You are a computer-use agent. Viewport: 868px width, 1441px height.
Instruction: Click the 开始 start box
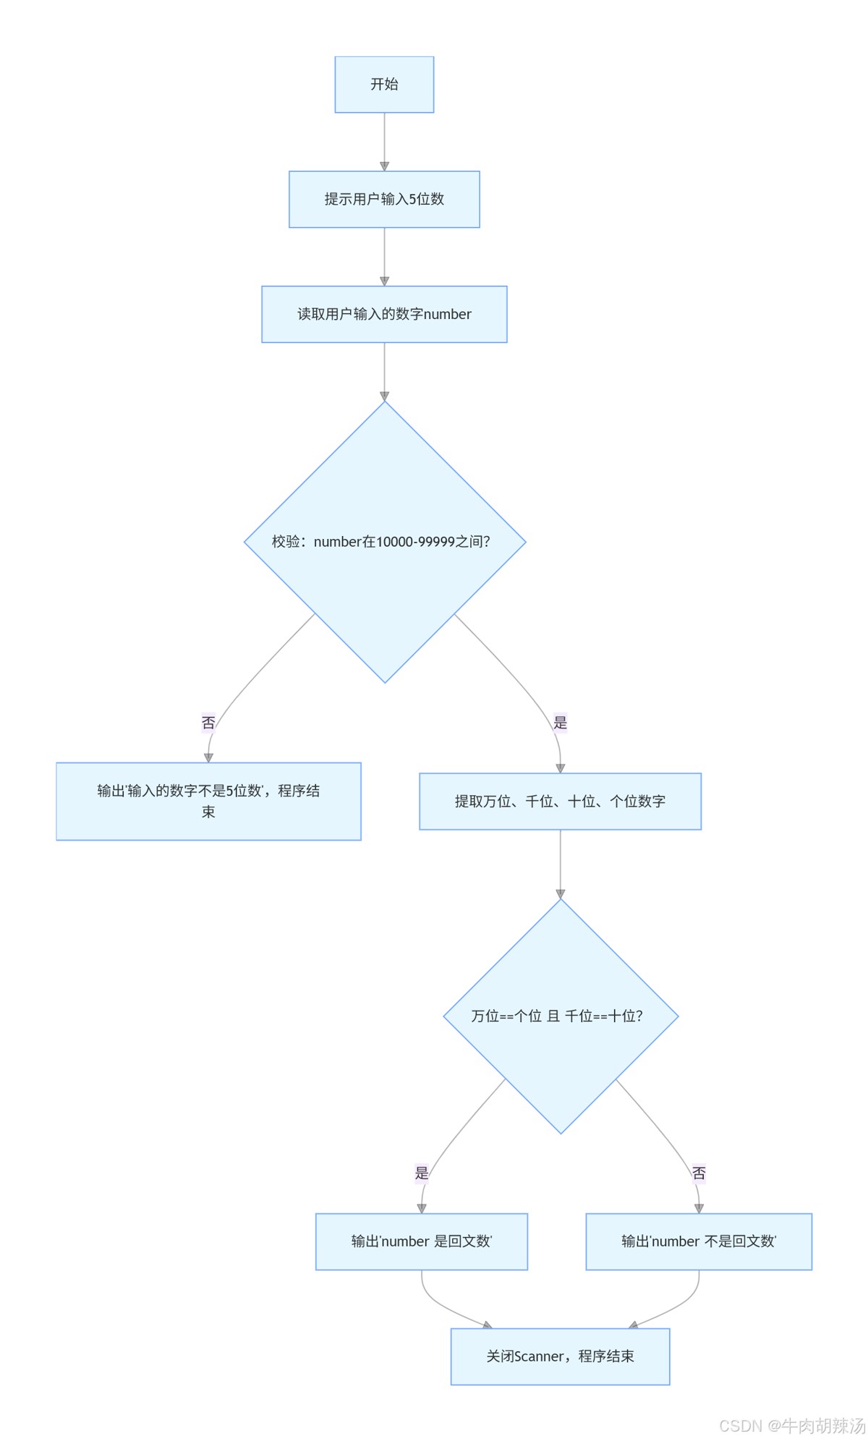click(x=384, y=85)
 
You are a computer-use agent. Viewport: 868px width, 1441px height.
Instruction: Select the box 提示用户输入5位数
click(x=384, y=199)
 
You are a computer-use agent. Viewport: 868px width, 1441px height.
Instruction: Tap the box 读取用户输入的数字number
click(x=384, y=314)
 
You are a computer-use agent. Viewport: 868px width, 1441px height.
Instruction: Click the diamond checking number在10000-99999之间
click(x=384, y=542)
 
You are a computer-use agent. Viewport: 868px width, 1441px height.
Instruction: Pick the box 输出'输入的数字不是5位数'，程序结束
click(x=208, y=801)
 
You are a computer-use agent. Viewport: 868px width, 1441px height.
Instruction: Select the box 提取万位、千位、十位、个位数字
click(x=560, y=801)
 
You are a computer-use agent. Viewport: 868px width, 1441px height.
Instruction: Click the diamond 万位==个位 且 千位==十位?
click(x=560, y=1016)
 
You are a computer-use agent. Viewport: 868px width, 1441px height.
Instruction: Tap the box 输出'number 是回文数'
click(x=421, y=1241)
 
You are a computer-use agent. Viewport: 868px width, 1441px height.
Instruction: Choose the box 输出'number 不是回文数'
click(x=698, y=1241)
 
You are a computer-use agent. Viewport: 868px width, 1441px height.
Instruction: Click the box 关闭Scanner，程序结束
click(x=560, y=1356)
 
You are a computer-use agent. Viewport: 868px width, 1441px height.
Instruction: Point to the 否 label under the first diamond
click(x=208, y=722)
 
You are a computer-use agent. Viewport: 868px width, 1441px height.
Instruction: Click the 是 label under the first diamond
click(x=560, y=722)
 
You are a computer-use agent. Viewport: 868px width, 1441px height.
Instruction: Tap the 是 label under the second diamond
click(x=422, y=1173)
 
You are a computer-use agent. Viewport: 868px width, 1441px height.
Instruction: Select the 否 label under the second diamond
click(x=698, y=1173)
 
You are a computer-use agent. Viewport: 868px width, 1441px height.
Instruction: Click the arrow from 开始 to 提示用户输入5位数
click(x=384, y=142)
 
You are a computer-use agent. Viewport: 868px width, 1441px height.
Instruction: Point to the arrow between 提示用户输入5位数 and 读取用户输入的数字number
click(x=384, y=257)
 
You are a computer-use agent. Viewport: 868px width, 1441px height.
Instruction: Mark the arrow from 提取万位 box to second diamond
click(x=560, y=864)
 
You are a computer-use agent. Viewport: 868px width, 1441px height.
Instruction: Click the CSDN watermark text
click(x=792, y=1425)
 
